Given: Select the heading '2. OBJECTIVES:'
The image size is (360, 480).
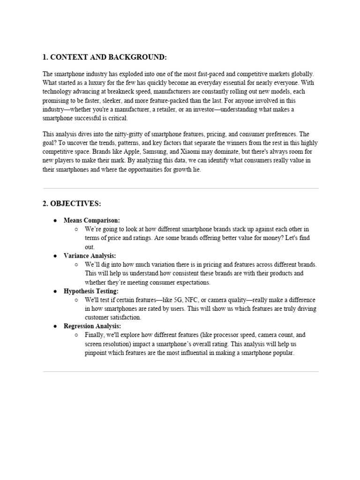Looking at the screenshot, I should click(72, 204).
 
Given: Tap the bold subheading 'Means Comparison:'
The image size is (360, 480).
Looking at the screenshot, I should click(92, 220).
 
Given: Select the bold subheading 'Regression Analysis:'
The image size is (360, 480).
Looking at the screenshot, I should click(92, 326).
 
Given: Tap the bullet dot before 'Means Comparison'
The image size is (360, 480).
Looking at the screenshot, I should click(55, 220).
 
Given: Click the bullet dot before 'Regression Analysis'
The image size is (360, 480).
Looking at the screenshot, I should click(55, 326).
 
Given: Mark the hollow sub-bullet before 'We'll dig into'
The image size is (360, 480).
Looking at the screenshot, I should click(76, 264).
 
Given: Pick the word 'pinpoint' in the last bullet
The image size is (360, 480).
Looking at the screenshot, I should click(96, 353).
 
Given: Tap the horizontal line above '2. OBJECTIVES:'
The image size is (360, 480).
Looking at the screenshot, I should click(180, 188).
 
